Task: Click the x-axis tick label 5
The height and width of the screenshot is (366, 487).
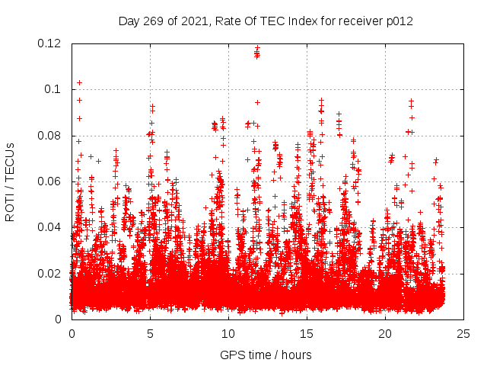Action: pyautogui.click(x=150, y=333)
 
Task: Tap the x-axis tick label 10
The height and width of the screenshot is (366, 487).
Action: pyautogui.click(x=228, y=333)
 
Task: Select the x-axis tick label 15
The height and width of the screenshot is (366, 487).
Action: pyautogui.click(x=307, y=333)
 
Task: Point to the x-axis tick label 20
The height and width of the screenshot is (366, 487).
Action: pyautogui.click(x=385, y=333)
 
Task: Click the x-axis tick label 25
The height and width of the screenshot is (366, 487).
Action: pyautogui.click(x=463, y=333)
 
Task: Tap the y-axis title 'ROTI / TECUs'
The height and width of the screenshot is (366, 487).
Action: pyautogui.click(x=10, y=181)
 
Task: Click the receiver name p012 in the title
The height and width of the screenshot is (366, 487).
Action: pyautogui.click(x=399, y=21)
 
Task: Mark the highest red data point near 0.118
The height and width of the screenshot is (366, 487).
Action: pyautogui.click(x=257, y=47)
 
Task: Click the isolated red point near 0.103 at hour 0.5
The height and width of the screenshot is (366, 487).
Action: pyautogui.click(x=79, y=82)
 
